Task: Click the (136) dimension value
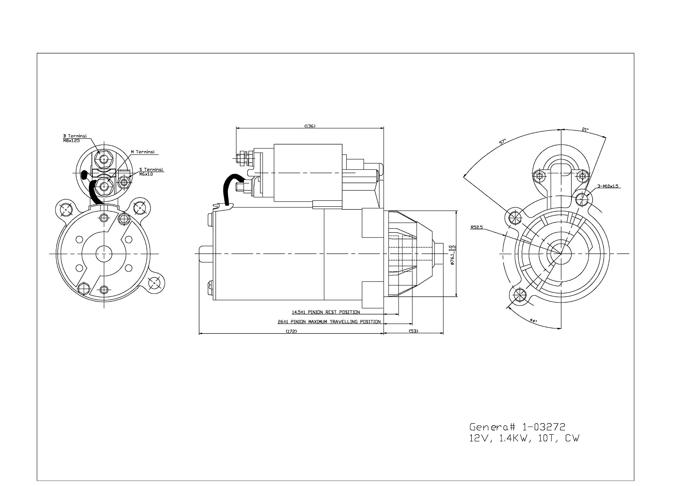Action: point(310,126)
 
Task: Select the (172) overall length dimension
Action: point(291,331)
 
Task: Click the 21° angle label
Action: point(585,130)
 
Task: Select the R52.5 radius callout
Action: point(477,227)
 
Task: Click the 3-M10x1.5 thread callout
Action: point(608,186)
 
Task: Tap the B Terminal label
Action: point(75,136)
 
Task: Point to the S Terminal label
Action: point(151,169)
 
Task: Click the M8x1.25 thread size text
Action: point(71,140)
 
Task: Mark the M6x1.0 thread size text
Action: point(146,174)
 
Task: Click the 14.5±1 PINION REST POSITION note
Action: point(326,312)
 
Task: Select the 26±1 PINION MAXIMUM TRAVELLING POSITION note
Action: point(329,322)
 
